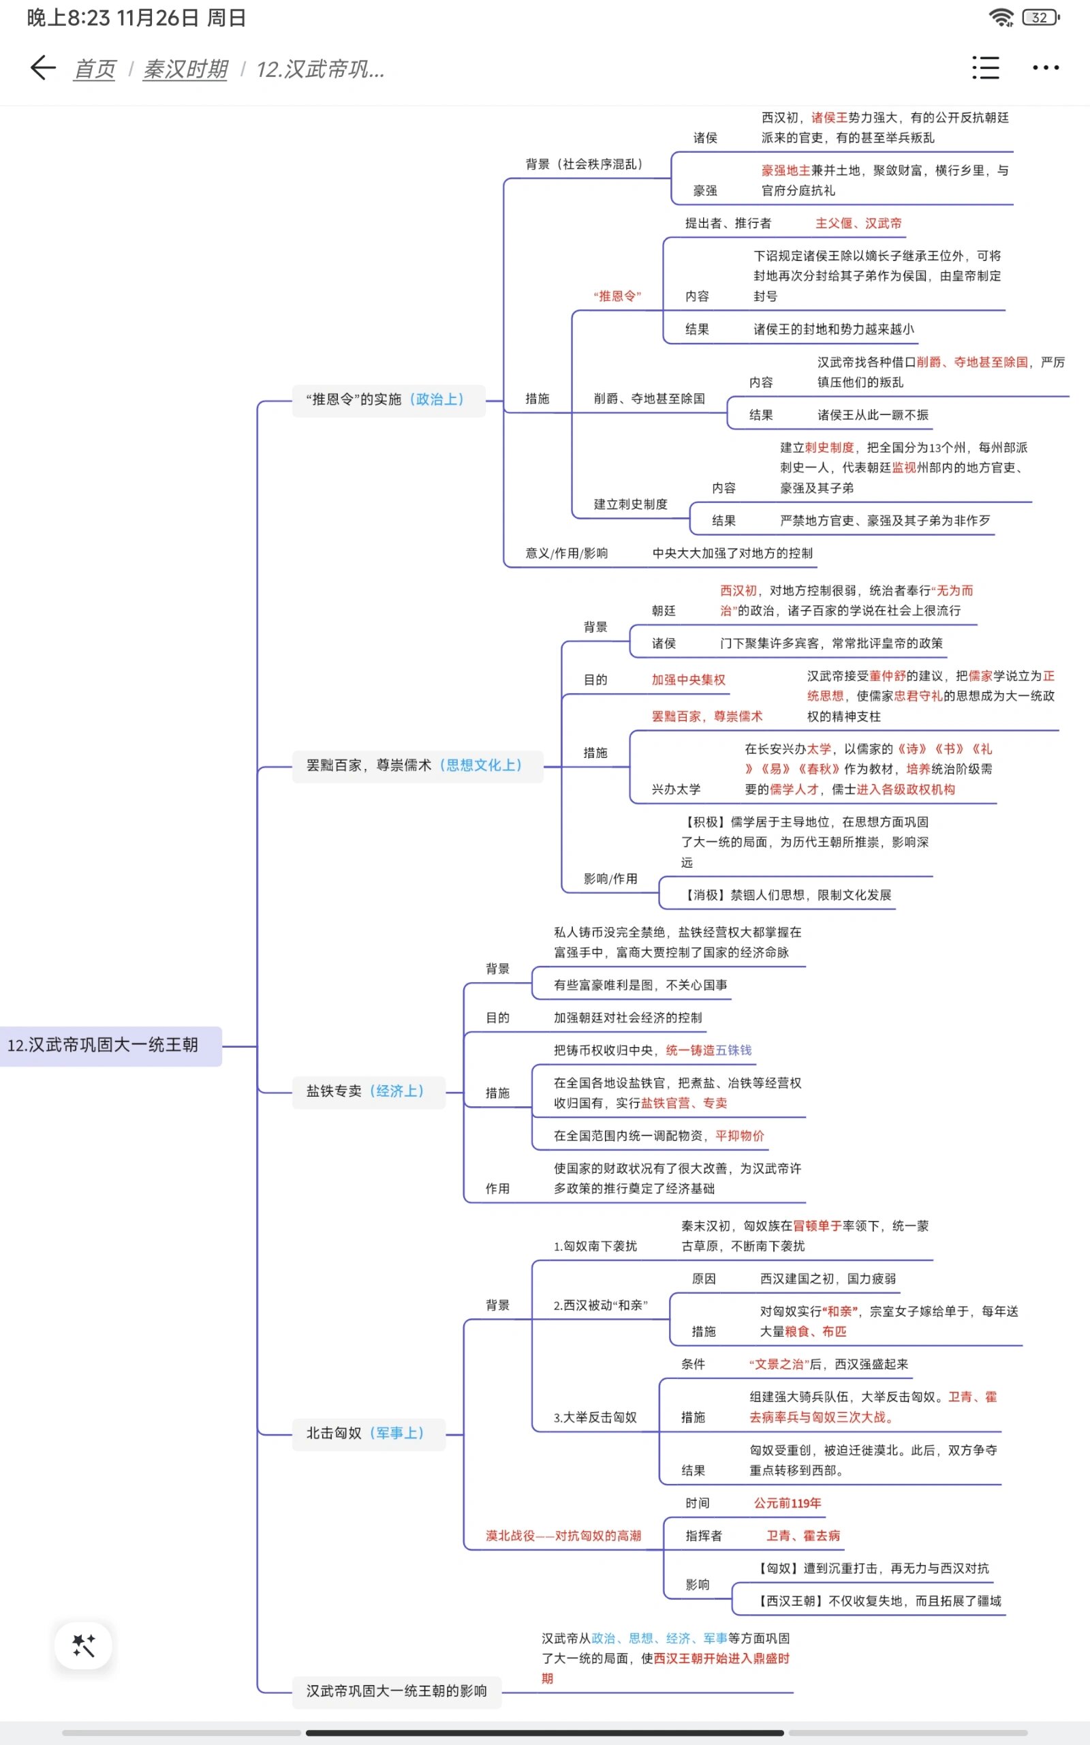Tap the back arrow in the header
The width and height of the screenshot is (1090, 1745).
coord(43,67)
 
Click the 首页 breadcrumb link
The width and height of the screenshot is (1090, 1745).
coord(95,70)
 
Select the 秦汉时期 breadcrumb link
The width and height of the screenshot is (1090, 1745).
coord(185,70)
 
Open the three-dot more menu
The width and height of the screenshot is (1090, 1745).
coord(1045,67)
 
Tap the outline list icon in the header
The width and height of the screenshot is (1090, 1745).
coord(986,67)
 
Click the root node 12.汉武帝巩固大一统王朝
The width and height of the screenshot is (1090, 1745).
coord(103,1045)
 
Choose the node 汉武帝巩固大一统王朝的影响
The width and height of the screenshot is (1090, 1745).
coord(396,1691)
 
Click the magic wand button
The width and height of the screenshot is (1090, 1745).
coord(84,1645)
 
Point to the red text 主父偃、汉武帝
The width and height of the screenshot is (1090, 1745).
coord(858,224)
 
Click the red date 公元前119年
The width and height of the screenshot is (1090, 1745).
coord(788,1503)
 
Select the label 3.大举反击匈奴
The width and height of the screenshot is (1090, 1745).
coord(595,1418)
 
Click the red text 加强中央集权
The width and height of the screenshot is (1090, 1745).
coord(688,680)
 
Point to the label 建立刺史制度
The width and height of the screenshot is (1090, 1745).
coord(630,504)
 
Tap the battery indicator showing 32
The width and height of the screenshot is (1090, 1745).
coord(1040,17)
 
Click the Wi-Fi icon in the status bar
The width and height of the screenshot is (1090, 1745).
coord(1001,17)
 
